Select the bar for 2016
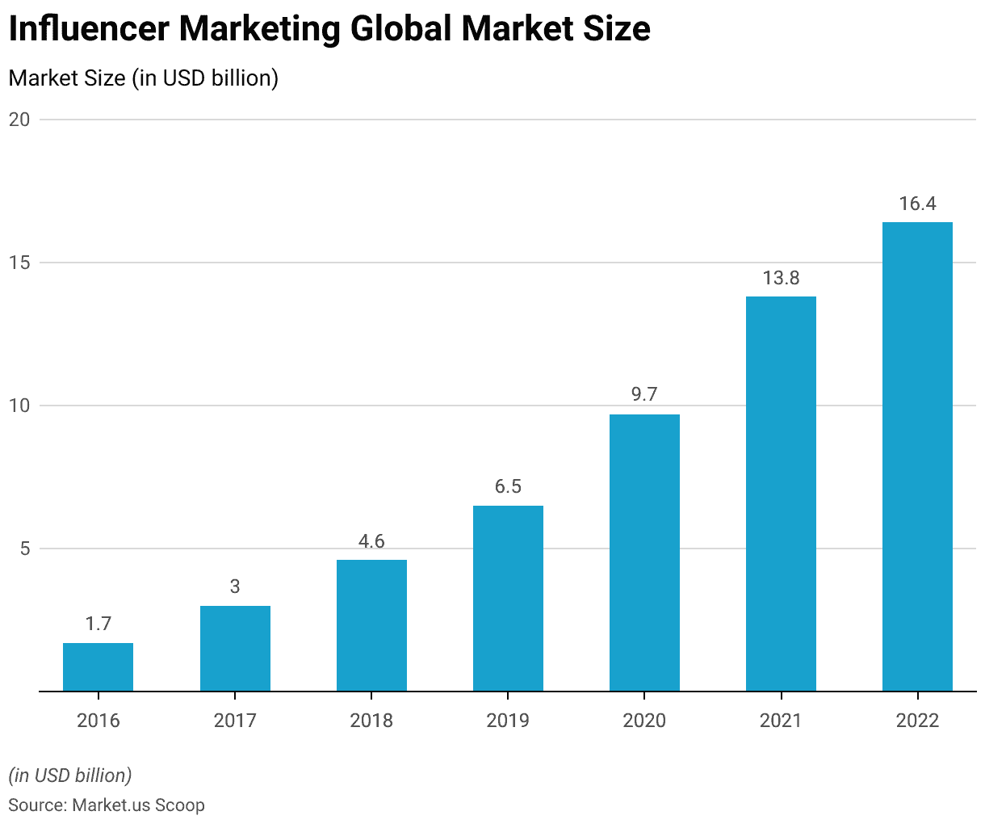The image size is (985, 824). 98,666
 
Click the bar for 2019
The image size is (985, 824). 508,598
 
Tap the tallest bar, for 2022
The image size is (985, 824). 917,456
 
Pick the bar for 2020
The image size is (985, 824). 644,553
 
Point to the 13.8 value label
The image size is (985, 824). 781,278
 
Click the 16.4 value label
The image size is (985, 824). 917,204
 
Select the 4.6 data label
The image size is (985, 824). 371,541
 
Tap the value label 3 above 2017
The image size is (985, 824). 235,586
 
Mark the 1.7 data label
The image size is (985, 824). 98,624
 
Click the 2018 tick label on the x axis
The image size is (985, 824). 371,720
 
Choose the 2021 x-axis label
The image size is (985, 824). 781,720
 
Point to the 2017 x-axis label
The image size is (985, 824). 235,720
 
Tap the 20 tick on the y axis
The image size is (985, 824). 19,120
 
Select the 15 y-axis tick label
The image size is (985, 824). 19,263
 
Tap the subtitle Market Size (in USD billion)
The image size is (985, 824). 143,78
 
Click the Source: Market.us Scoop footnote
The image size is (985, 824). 107,805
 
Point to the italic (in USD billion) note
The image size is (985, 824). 70,776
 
